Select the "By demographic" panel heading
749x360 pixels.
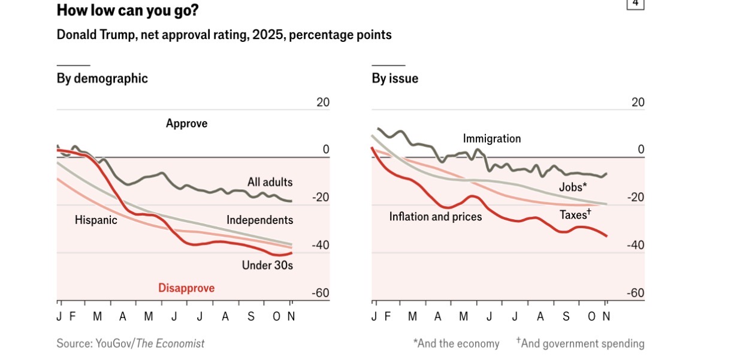[x=102, y=78]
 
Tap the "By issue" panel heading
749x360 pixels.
[x=395, y=78]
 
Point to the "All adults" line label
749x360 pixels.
[x=270, y=182]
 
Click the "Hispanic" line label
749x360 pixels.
[x=96, y=220]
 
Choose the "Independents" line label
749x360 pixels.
[x=259, y=220]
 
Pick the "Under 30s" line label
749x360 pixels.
[x=267, y=265]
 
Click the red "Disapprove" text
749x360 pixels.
[x=186, y=288]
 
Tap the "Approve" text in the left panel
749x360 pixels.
[x=186, y=123]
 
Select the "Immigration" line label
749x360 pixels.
[x=492, y=138]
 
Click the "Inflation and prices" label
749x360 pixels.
[x=436, y=216]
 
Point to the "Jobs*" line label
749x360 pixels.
[x=573, y=187]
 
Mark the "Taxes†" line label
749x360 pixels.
[x=576, y=214]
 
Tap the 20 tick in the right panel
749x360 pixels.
[x=638, y=102]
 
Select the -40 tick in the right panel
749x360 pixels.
[x=636, y=245]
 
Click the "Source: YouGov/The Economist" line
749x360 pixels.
[x=131, y=344]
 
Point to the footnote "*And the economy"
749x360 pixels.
[x=456, y=344]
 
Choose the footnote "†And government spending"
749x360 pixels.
[x=580, y=344]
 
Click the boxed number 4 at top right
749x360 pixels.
[x=635, y=4]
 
